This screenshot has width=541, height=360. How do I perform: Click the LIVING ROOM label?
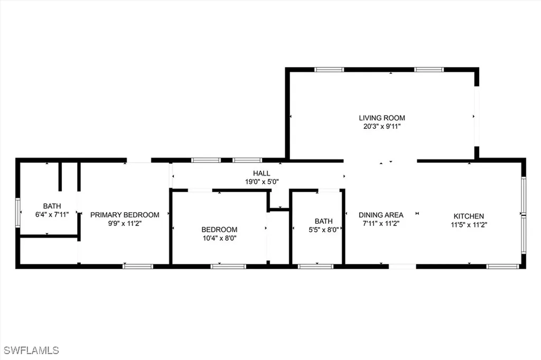pos(382,118)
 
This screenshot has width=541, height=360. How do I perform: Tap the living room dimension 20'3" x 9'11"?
pos(382,126)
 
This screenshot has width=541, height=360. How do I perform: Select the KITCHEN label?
pos(469,216)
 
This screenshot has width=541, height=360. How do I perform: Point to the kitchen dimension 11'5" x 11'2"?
pos(469,224)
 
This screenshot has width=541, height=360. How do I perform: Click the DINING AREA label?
pos(381,215)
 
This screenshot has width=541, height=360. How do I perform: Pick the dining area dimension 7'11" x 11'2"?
pos(381,223)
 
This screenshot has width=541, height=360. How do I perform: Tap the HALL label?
pos(262,173)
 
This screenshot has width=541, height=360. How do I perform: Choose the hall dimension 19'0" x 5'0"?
pos(262,181)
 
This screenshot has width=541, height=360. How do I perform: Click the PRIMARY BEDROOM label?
pos(125,215)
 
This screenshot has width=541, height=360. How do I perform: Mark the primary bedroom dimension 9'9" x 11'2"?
pos(125,223)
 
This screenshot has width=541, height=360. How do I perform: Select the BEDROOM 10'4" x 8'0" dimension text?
pos(219,238)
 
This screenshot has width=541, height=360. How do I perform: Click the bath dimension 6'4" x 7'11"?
pos(52,215)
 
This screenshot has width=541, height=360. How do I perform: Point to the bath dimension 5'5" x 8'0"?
pos(323,230)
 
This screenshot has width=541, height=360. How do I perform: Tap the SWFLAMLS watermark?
pos(32,350)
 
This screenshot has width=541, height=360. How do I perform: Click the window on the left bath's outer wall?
pos(17,213)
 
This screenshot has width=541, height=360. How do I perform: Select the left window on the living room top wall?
pos(329,69)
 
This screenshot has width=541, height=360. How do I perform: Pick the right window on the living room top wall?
pos(428,69)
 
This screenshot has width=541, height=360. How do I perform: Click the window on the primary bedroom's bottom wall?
pos(137,267)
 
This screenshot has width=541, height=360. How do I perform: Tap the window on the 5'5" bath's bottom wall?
pos(315,267)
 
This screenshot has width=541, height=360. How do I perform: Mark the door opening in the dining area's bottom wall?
pos(403,267)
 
